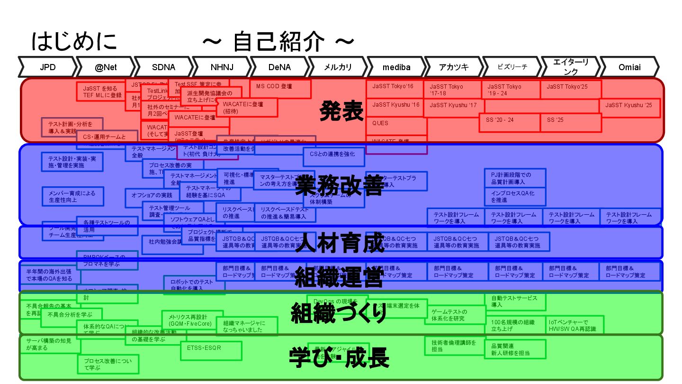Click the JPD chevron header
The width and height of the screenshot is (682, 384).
click(x=47, y=67)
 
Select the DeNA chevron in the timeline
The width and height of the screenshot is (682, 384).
click(x=279, y=67)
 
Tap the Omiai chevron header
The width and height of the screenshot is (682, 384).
click(x=629, y=67)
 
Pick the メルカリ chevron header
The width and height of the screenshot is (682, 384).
click(x=338, y=67)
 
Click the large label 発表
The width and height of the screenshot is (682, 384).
click(x=341, y=111)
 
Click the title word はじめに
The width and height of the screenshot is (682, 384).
click(x=74, y=41)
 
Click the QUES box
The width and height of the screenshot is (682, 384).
click(x=396, y=123)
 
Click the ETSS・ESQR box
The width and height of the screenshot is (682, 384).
click(x=211, y=350)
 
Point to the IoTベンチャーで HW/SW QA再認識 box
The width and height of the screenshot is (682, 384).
click(x=573, y=326)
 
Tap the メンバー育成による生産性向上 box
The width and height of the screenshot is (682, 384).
click(x=72, y=197)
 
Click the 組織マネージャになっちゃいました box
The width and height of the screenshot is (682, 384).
click(x=247, y=326)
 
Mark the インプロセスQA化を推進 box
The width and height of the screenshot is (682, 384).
click(x=515, y=197)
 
